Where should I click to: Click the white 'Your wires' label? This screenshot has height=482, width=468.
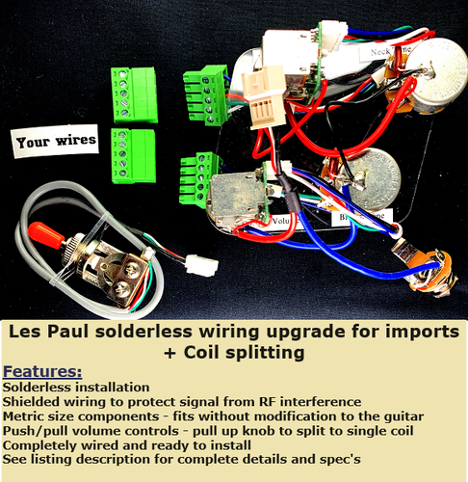56,140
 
